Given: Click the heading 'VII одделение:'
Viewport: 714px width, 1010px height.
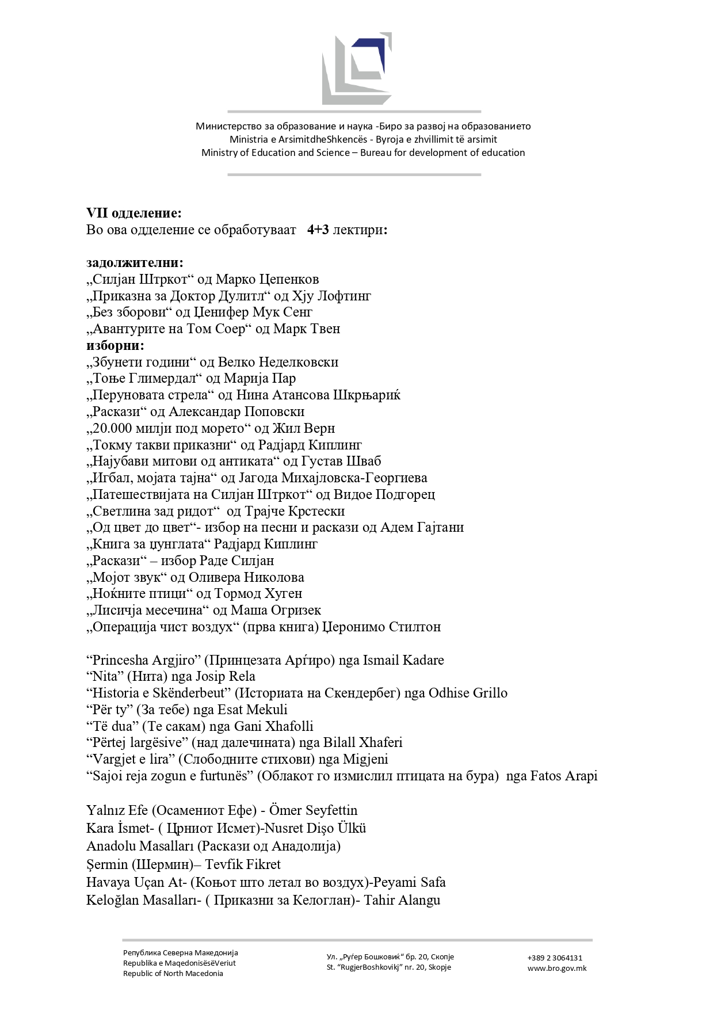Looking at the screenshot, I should coord(134,213).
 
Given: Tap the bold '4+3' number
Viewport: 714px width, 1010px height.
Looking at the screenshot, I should coord(318,230).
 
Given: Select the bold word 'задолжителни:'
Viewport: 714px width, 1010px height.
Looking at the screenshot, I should coord(135,263).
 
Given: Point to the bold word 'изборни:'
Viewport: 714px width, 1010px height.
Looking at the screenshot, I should coord(116,345).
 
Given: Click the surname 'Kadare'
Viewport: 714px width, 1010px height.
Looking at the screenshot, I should coord(420,660).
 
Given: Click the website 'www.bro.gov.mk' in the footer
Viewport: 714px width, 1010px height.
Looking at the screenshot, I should coord(557,968).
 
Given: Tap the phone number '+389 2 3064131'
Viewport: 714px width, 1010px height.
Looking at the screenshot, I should coord(555,958).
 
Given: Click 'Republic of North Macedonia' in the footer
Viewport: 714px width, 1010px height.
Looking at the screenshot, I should coord(173,973).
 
